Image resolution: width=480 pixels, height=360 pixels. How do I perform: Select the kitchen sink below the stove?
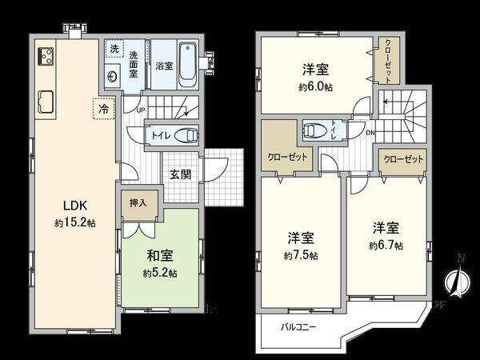coord(44,102)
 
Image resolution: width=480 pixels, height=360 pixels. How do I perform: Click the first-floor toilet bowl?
coord(186,135)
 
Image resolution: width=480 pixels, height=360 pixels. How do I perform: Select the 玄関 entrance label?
coord(180,174)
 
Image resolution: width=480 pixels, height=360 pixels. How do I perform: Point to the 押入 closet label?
coord(138,203)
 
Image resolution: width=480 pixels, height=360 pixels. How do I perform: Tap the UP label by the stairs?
coord(141,110)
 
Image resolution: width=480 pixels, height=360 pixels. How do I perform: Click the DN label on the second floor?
coord(370,133)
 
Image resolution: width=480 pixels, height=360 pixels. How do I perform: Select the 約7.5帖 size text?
coord(301,255)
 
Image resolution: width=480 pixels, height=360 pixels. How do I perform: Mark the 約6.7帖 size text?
coord(386,243)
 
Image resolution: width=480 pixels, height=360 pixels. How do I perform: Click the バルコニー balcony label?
coord(298,327)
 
